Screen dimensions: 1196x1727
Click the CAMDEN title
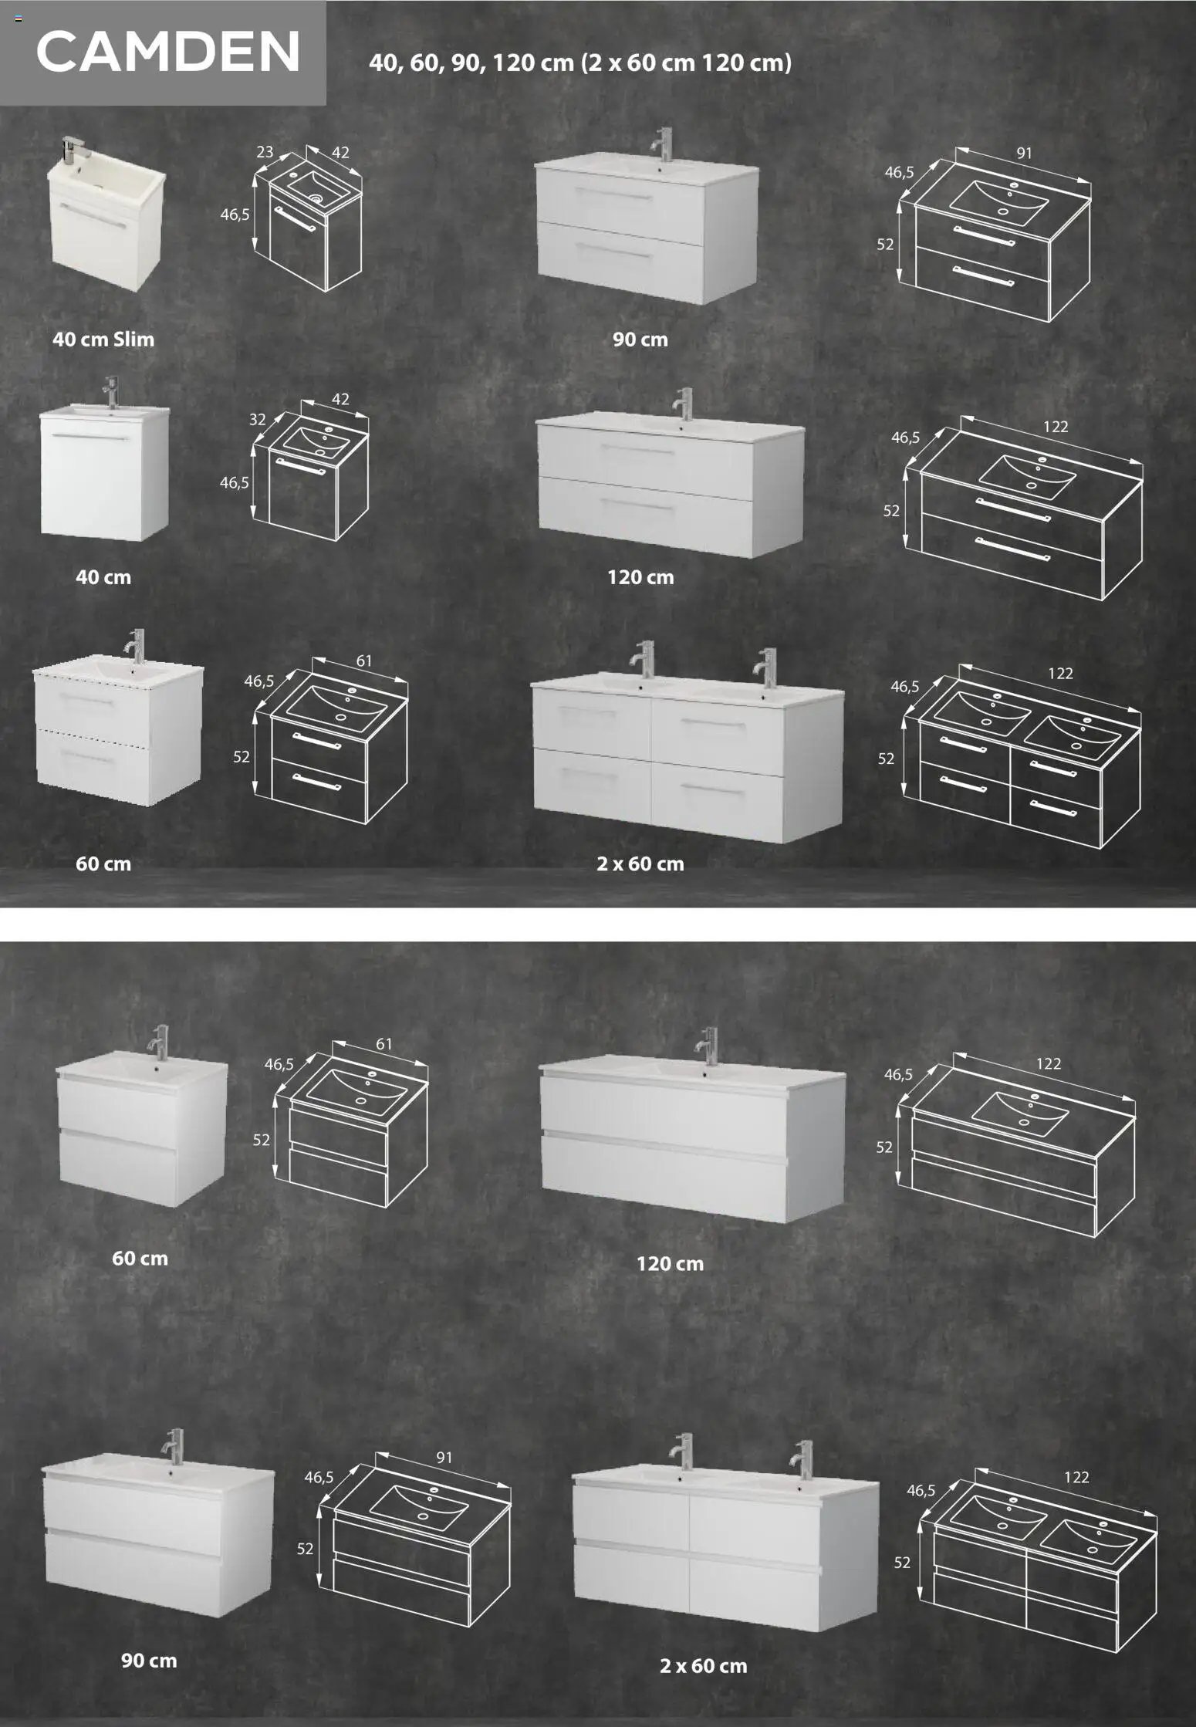168,52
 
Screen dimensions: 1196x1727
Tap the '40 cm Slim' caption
103,339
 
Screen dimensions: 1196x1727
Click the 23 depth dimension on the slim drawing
265,152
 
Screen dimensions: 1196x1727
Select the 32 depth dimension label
258,420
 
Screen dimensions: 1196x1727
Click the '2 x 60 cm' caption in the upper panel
640,863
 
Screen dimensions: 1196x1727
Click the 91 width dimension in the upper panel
1023,153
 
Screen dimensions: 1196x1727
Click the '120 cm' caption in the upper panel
640,577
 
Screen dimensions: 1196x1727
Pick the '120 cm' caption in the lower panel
670,1264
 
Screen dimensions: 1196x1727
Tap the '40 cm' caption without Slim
103,577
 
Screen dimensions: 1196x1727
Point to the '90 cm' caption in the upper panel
640,339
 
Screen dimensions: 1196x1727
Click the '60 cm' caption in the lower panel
140,1258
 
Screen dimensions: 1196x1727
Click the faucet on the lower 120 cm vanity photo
706,1047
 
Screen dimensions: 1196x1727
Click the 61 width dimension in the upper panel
364,661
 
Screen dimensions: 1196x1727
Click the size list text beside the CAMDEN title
580,63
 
